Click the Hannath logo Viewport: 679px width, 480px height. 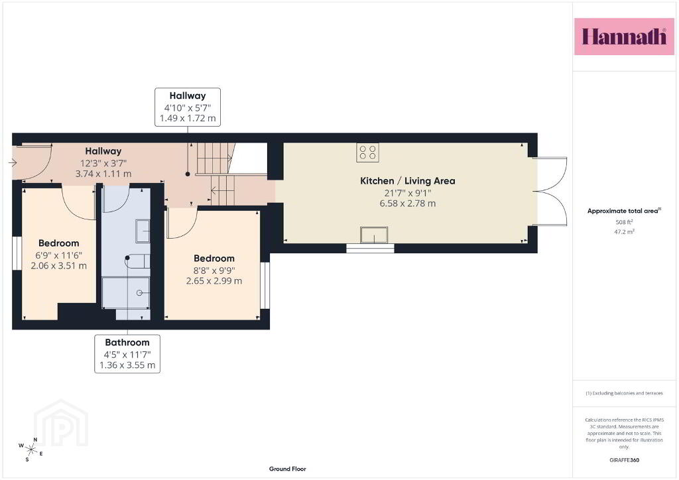coord(624,36)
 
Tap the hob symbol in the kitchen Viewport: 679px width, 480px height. coord(367,152)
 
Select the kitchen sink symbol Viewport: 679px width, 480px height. coord(374,235)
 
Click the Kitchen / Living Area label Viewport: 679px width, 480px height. coord(408,181)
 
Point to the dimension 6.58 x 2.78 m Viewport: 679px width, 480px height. coord(408,204)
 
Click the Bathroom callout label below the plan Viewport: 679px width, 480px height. coord(127,353)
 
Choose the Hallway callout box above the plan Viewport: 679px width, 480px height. coord(188,107)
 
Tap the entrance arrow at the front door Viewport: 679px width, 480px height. coord(13,162)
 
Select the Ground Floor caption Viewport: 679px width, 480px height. coord(288,469)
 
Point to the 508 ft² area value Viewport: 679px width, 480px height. coord(624,222)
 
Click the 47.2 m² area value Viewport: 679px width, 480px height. coord(624,231)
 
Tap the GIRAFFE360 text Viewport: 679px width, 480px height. coord(624,460)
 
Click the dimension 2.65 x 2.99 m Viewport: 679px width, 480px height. coord(214,281)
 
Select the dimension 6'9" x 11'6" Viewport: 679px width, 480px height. coord(58,255)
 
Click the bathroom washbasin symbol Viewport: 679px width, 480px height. coord(143,231)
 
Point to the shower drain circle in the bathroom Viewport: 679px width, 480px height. coord(139,293)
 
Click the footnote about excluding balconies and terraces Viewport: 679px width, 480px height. coord(624,393)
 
